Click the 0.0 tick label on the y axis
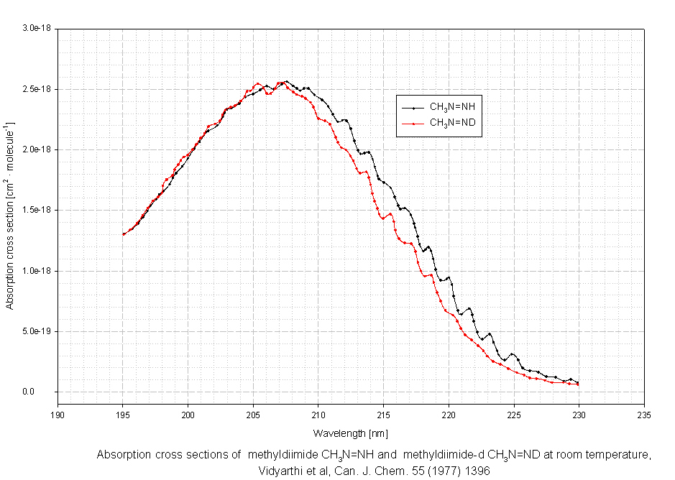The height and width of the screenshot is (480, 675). point(47,392)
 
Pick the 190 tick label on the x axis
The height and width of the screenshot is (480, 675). point(58,414)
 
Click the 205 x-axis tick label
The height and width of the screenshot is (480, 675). point(253,414)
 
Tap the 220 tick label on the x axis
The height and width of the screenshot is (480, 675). point(449,414)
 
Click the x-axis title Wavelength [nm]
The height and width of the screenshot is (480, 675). point(350,433)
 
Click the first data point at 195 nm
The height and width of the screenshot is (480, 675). point(123,234)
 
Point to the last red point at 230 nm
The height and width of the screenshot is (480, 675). point(578,384)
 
